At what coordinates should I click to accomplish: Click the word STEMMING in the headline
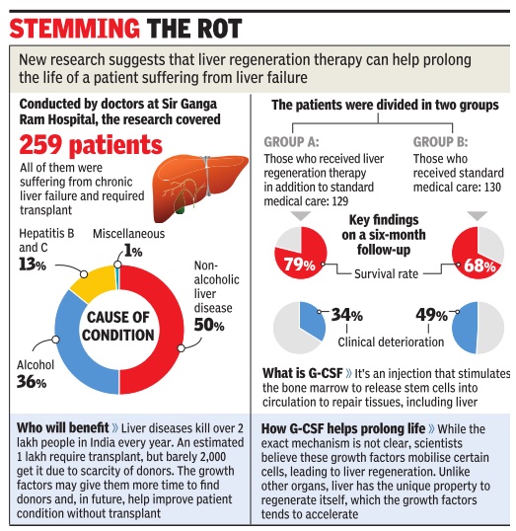(x=74, y=28)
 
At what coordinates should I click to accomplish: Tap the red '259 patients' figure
(x=91, y=145)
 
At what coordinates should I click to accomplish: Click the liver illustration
(x=199, y=187)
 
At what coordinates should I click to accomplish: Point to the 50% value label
(x=209, y=325)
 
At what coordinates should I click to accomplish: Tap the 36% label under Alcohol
(x=32, y=382)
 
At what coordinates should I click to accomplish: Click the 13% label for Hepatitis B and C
(x=33, y=265)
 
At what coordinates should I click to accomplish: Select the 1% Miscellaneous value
(x=133, y=251)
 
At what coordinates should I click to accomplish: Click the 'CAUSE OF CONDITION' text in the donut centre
(x=117, y=326)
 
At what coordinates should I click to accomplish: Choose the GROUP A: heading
(x=291, y=142)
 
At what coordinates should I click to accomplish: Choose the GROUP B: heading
(x=440, y=142)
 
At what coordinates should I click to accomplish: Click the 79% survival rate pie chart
(x=301, y=253)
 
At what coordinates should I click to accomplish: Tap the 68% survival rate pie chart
(x=478, y=253)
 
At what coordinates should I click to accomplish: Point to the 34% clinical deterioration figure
(x=346, y=315)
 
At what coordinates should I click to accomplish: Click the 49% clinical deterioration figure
(x=432, y=315)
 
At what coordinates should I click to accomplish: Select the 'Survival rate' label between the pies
(x=387, y=273)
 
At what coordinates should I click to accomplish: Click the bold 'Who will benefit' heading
(x=62, y=428)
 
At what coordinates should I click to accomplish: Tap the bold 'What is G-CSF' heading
(x=303, y=373)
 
